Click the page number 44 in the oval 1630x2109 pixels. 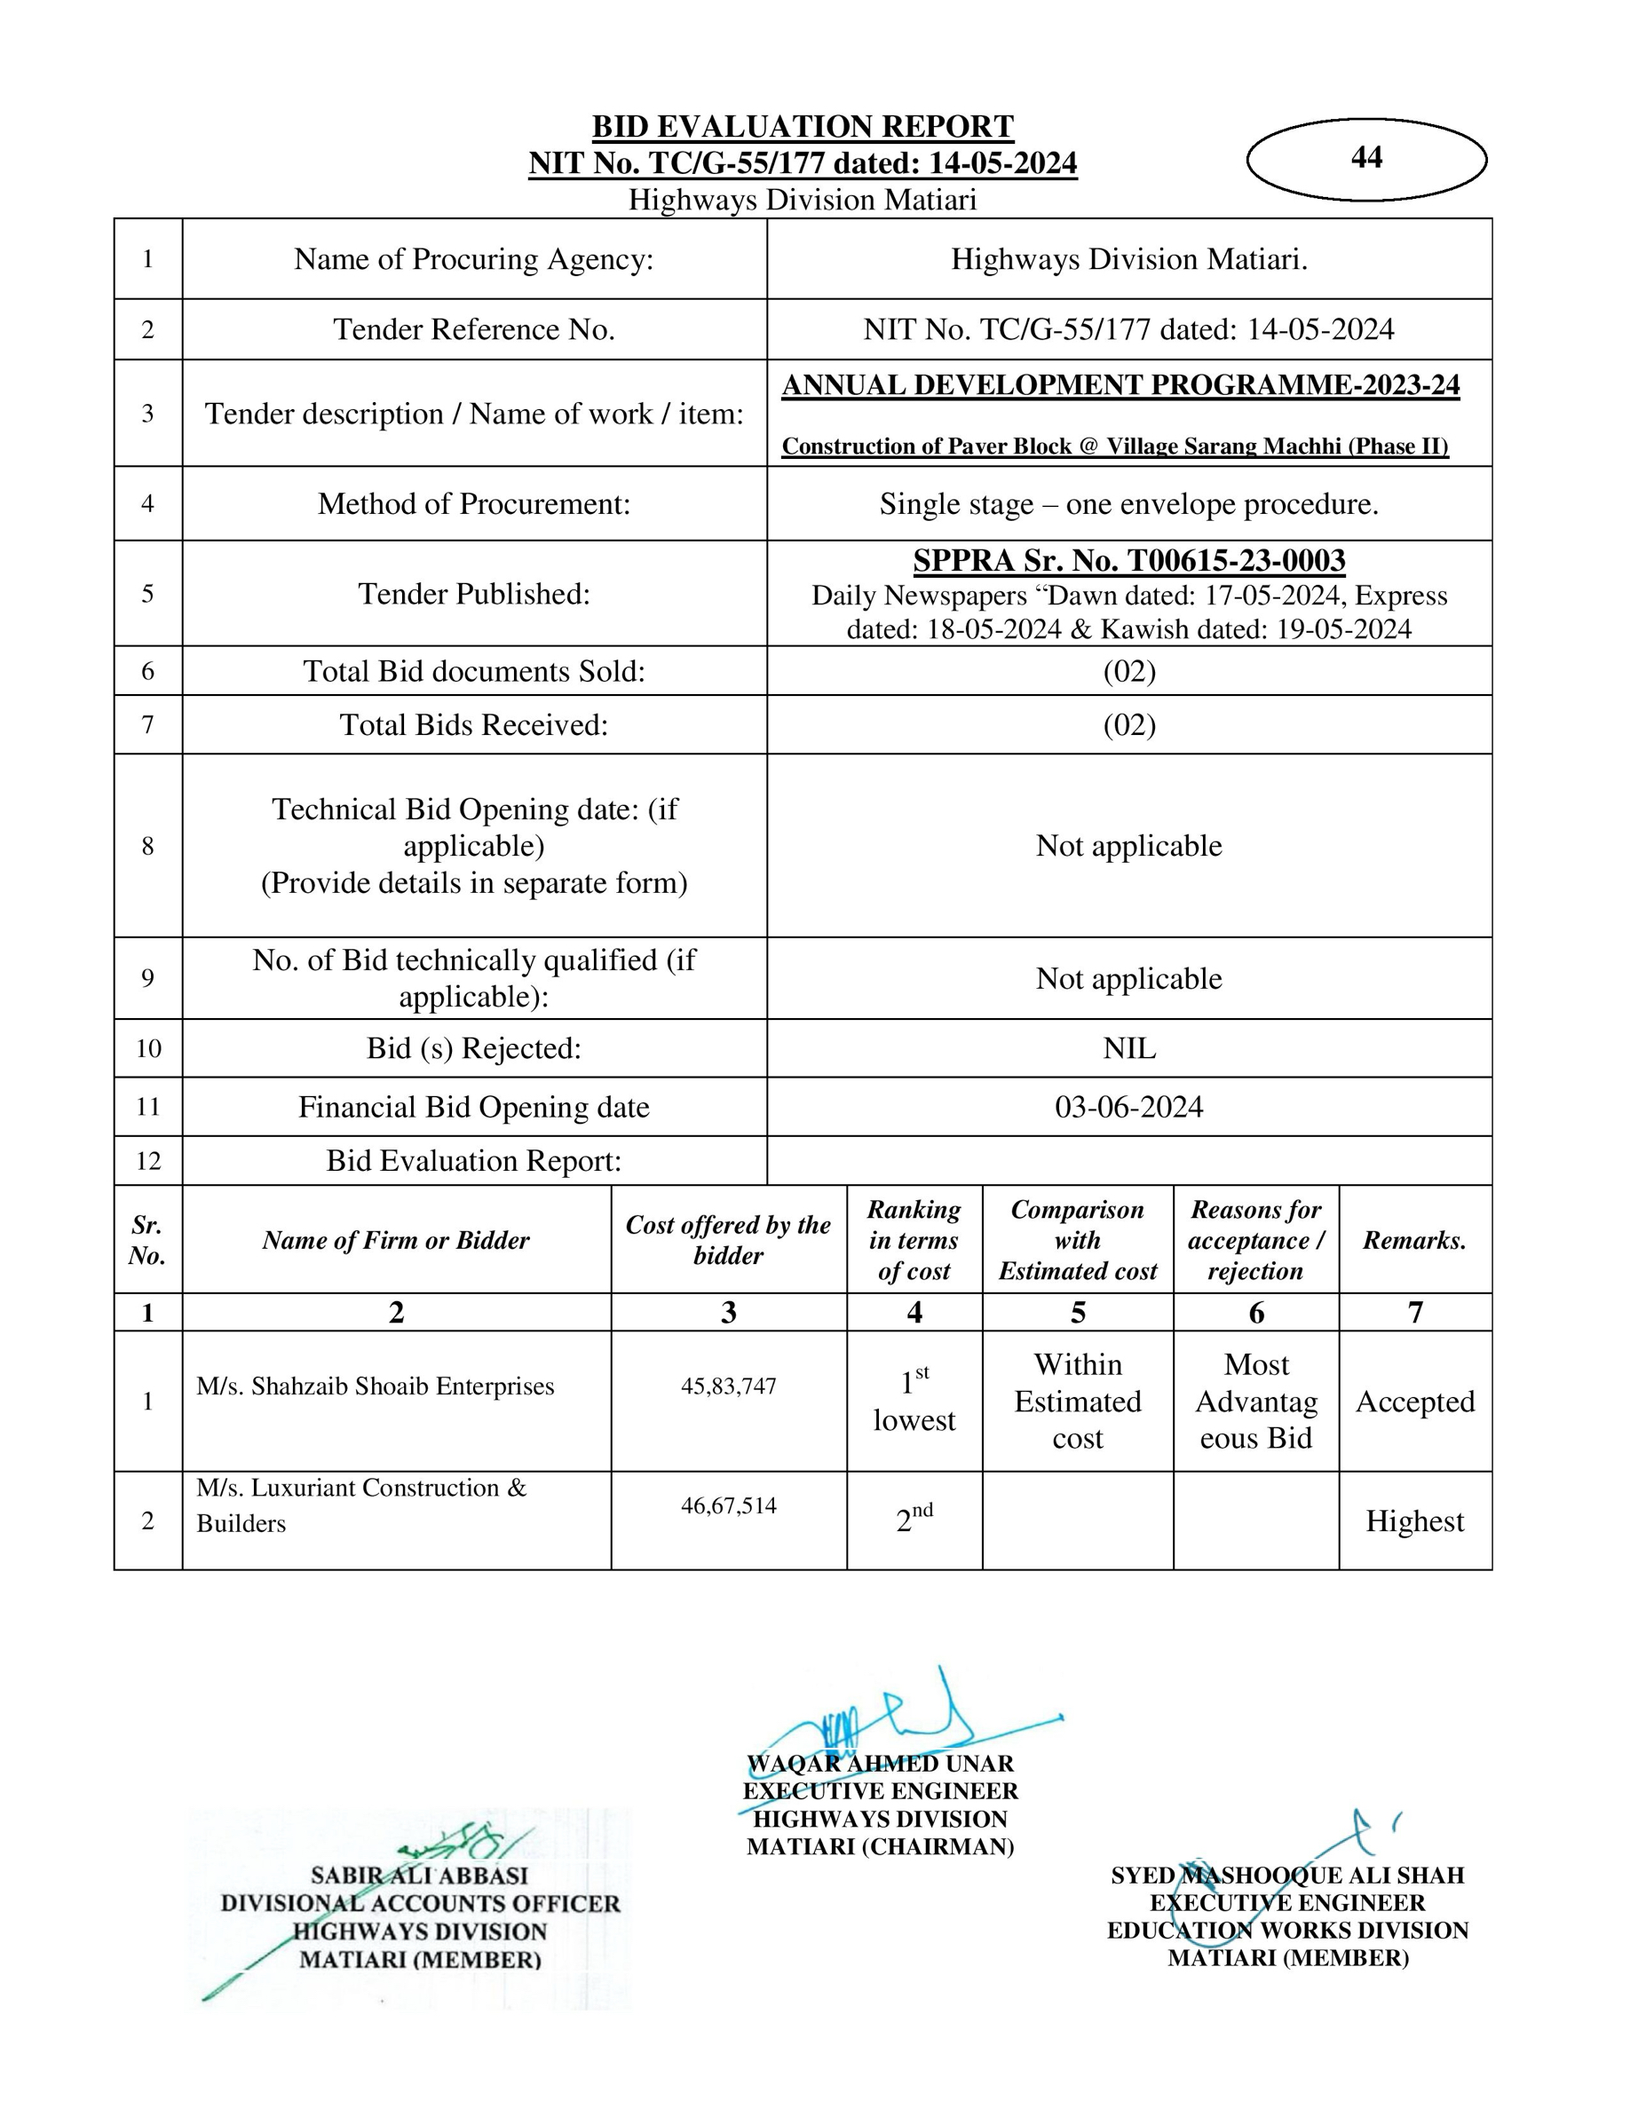coord(1365,157)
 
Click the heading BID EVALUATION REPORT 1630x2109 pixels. coord(803,127)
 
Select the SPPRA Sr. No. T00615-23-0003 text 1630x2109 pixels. coord(1128,560)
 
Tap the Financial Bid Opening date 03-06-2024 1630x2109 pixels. coord(1128,1107)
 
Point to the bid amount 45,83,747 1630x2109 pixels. coord(728,1386)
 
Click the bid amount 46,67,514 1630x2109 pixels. coord(728,1505)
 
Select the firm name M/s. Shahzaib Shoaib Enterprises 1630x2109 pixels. coord(375,1386)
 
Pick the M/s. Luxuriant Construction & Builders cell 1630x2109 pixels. coord(361,1505)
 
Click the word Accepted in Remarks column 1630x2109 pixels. coord(1414,1402)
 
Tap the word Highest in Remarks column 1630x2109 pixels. coord(1414,1521)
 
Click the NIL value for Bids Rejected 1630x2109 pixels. coord(1128,1048)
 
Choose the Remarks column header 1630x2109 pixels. coord(1414,1240)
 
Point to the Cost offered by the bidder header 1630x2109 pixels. coord(728,1240)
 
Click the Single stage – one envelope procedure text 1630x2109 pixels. coord(1128,504)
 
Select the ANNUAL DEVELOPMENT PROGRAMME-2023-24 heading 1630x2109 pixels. coord(1120,385)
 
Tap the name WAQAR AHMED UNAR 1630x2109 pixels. coord(880,1764)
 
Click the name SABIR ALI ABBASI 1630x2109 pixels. coord(419,1876)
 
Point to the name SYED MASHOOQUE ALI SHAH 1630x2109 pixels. coord(1287,1876)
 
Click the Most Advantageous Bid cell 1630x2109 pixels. coord(1255,1402)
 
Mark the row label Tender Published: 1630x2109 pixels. coord(473,594)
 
